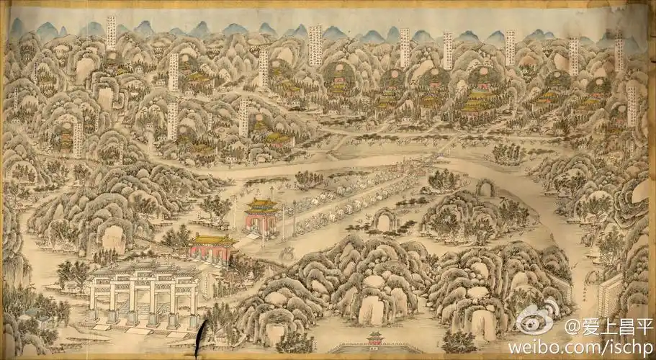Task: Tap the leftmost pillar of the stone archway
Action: [94, 302]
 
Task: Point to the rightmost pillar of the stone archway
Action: [193, 301]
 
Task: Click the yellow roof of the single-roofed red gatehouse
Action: [213, 240]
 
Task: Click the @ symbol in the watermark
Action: [572, 328]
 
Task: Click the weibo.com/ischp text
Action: [580, 347]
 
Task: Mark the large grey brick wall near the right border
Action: [610, 295]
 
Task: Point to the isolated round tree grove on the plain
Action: [507, 153]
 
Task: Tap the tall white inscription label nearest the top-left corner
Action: [111, 32]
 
